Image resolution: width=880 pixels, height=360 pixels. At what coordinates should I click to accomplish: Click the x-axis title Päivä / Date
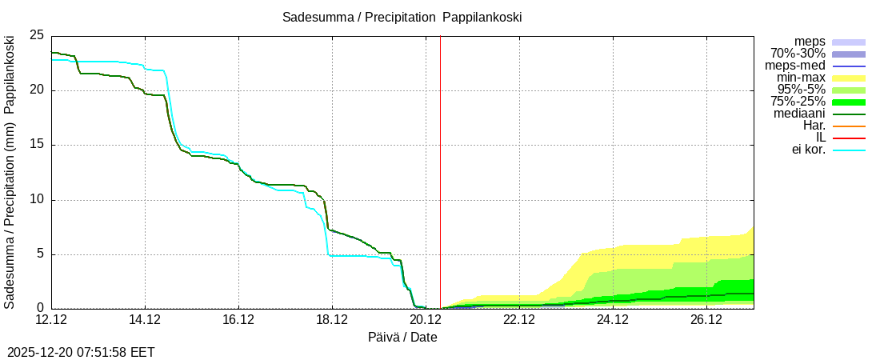point(402,337)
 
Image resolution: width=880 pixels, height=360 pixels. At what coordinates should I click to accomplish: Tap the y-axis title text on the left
point(10,172)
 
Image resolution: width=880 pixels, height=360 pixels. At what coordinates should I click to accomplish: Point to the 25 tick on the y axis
point(36,35)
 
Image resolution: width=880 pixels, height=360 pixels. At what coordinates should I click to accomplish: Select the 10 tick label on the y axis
point(36,200)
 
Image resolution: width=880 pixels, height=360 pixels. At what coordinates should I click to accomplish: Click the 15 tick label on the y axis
point(36,145)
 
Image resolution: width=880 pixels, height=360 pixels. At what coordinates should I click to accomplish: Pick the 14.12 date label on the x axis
point(145,320)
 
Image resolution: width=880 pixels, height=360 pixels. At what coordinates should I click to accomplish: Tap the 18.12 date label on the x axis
point(332,320)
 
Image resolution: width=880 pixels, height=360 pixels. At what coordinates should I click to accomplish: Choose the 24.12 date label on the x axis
point(612,320)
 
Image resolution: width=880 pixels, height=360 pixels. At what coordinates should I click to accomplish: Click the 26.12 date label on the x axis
point(706,320)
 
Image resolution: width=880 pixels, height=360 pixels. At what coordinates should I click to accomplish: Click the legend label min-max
point(801,78)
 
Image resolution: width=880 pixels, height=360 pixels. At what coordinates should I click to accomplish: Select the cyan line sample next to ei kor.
point(849,150)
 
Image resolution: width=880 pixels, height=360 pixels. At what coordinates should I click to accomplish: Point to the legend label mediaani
point(799,114)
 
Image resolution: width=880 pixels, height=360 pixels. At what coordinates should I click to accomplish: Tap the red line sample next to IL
point(849,138)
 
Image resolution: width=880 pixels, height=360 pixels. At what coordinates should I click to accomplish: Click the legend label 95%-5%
point(802,90)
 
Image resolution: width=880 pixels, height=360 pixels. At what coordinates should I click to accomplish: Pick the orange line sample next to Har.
point(849,126)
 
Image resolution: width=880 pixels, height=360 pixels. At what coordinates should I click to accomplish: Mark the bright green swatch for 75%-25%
point(849,102)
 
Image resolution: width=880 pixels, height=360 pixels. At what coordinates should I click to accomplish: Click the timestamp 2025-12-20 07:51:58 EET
point(81,352)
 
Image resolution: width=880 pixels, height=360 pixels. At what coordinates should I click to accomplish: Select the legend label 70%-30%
point(798,54)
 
